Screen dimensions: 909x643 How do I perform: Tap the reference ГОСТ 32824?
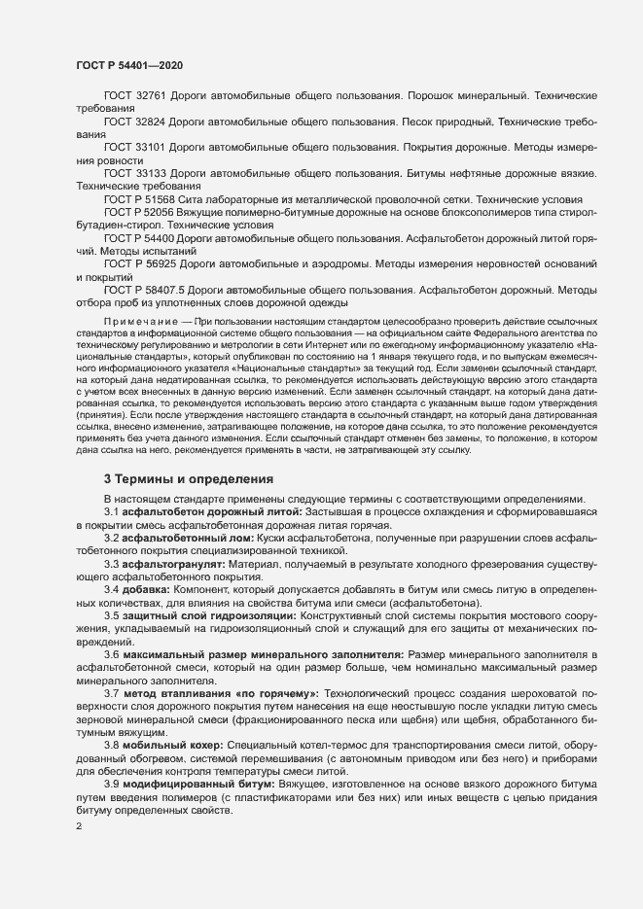pyautogui.click(x=133, y=123)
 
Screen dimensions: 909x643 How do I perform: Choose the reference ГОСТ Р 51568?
pyautogui.click(x=138, y=197)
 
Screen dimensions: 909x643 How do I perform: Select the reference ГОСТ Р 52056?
pyautogui.click(x=138, y=210)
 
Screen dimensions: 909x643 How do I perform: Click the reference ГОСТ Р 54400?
pyautogui.click(x=138, y=237)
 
